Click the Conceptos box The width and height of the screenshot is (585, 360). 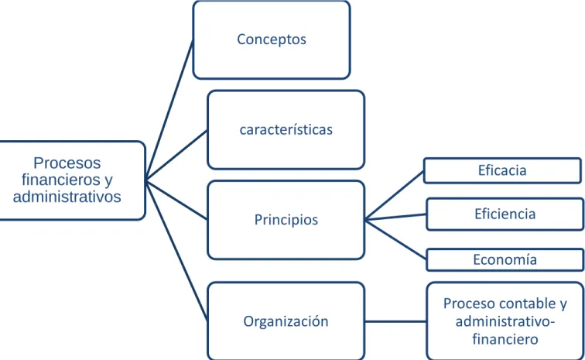(x=272, y=40)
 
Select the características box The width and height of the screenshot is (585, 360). (x=286, y=129)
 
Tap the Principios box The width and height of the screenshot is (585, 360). (x=286, y=220)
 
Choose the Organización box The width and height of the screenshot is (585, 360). (x=286, y=321)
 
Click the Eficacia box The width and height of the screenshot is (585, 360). (x=502, y=170)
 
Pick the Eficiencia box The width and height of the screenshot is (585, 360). (x=505, y=214)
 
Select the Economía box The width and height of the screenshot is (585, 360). (x=505, y=259)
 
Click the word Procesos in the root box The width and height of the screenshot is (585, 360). (x=67, y=163)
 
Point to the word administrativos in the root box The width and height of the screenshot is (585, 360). (x=67, y=197)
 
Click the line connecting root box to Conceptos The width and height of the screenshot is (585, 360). (x=169, y=111)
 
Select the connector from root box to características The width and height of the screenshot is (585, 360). (x=176, y=156)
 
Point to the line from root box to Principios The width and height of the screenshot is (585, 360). (x=176, y=201)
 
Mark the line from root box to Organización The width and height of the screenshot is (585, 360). (x=176, y=251)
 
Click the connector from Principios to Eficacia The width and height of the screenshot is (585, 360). (x=395, y=195)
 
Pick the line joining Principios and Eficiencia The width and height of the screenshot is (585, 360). (x=395, y=217)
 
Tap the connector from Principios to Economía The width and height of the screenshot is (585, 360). (x=395, y=239)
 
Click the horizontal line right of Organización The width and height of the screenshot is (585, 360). (x=395, y=321)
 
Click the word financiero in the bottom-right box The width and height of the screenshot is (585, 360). (x=505, y=339)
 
